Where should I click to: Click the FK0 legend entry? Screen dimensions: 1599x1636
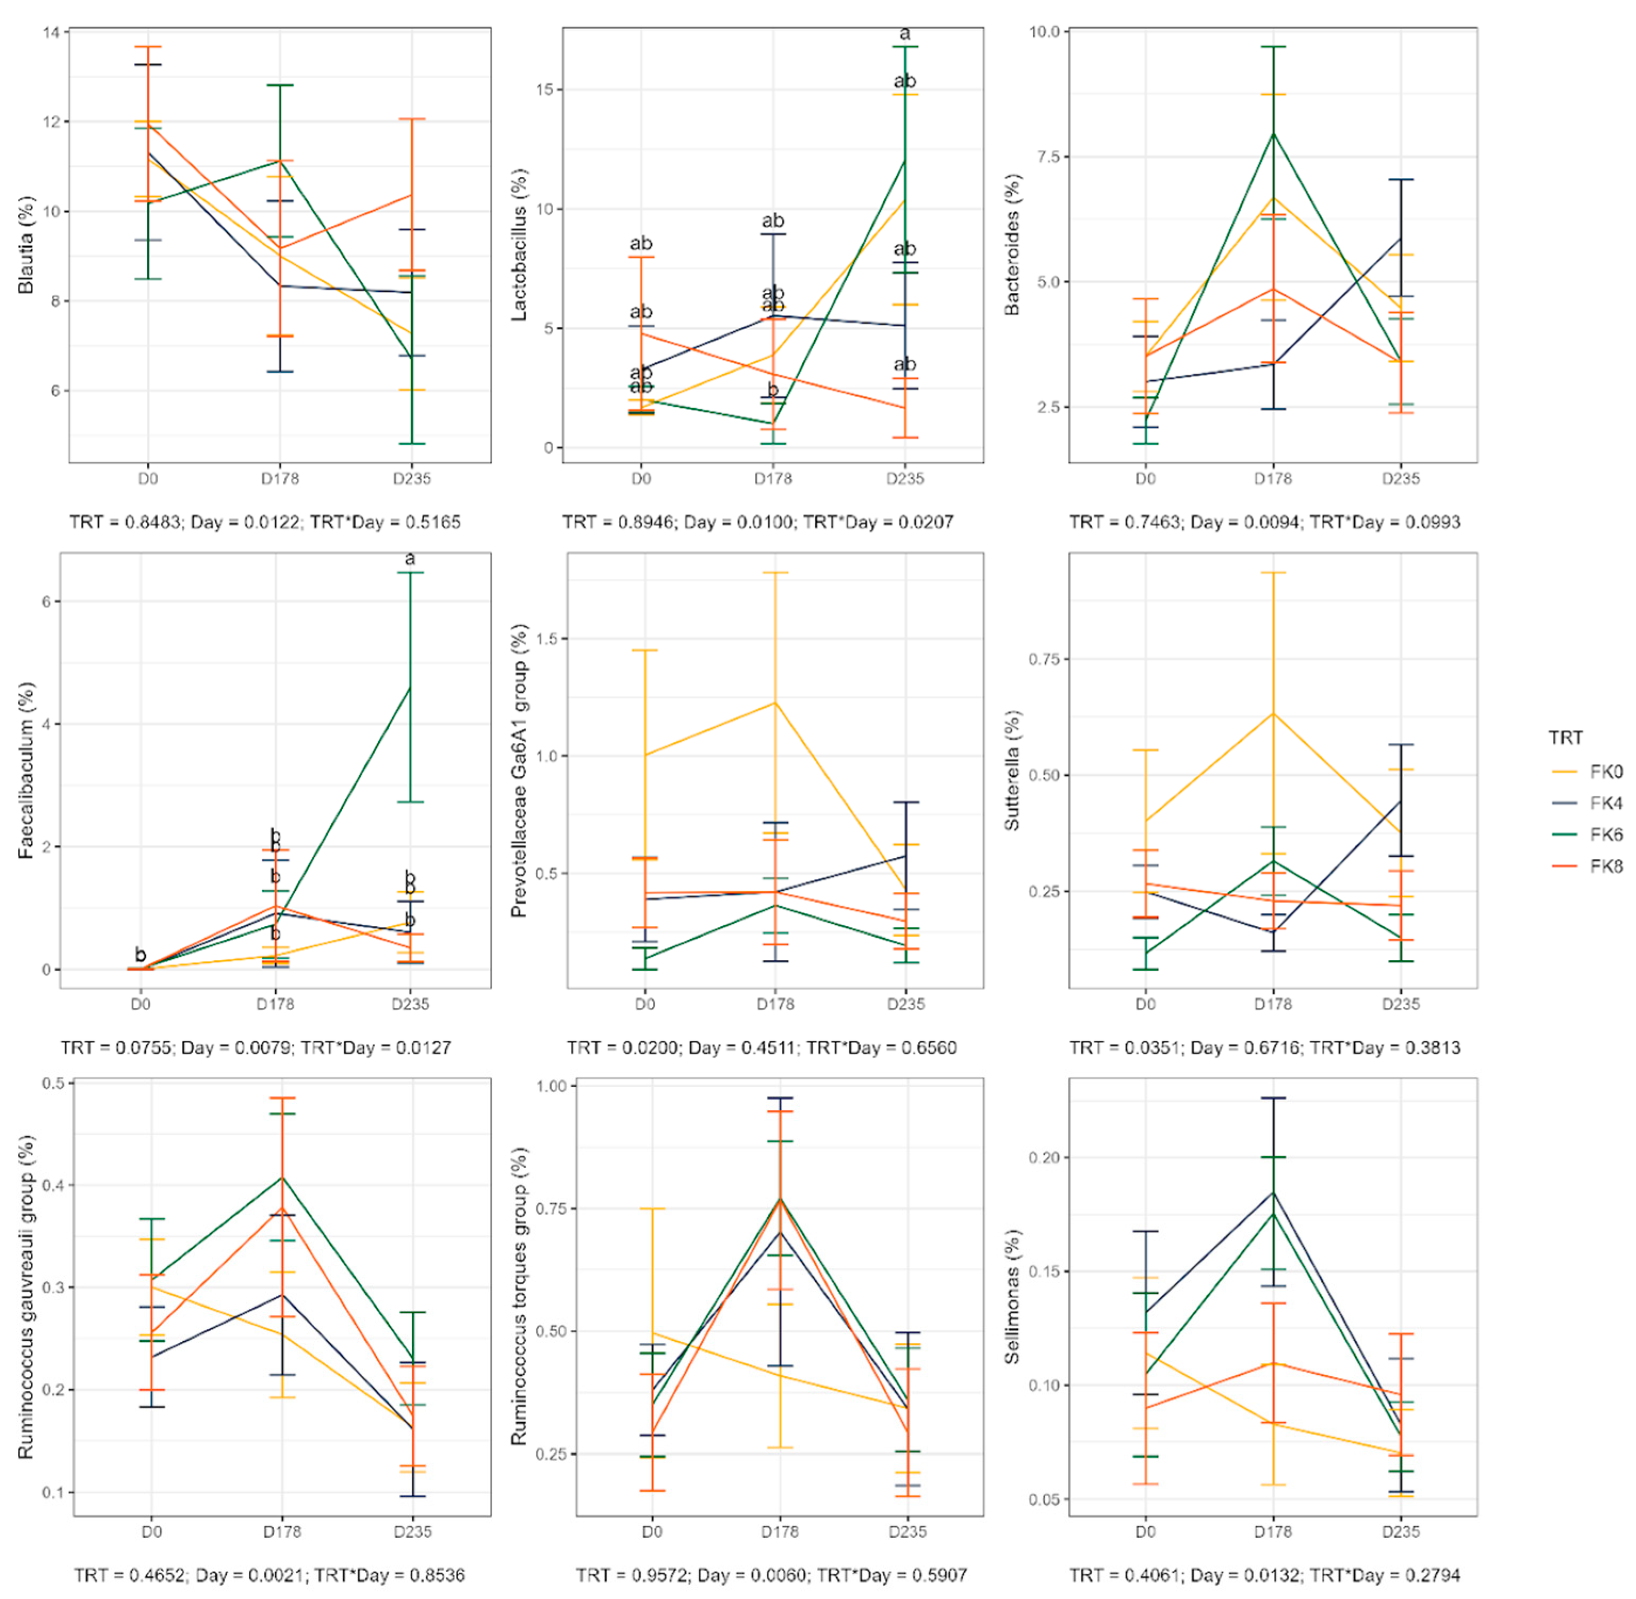point(1604,772)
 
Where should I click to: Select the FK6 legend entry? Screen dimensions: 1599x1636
point(1604,834)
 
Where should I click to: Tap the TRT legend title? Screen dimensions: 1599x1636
point(1565,737)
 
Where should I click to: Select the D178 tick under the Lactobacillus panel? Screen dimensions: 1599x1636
point(773,479)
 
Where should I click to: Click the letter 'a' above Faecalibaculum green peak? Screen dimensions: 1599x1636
point(410,559)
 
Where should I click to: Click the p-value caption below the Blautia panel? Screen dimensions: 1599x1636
point(265,522)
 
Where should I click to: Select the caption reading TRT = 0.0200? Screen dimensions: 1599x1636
point(761,1047)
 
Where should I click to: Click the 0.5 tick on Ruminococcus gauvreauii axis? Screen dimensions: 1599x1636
point(54,1084)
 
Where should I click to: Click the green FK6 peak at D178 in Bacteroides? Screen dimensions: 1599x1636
point(1273,133)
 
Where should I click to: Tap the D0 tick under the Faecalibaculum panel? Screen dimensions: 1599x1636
point(140,1004)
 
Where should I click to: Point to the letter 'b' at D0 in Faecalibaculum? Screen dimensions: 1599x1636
point(140,955)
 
